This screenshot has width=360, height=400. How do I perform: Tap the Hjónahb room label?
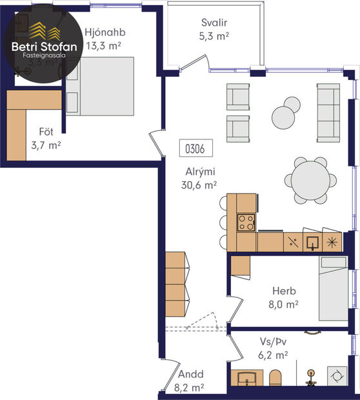point(104,32)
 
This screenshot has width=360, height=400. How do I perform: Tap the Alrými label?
point(199,172)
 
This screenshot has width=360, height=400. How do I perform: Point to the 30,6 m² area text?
point(199,185)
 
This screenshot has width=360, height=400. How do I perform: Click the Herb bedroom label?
point(283,291)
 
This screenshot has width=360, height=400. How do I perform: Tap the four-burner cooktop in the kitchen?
point(246,223)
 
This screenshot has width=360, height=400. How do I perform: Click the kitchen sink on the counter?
point(313,242)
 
